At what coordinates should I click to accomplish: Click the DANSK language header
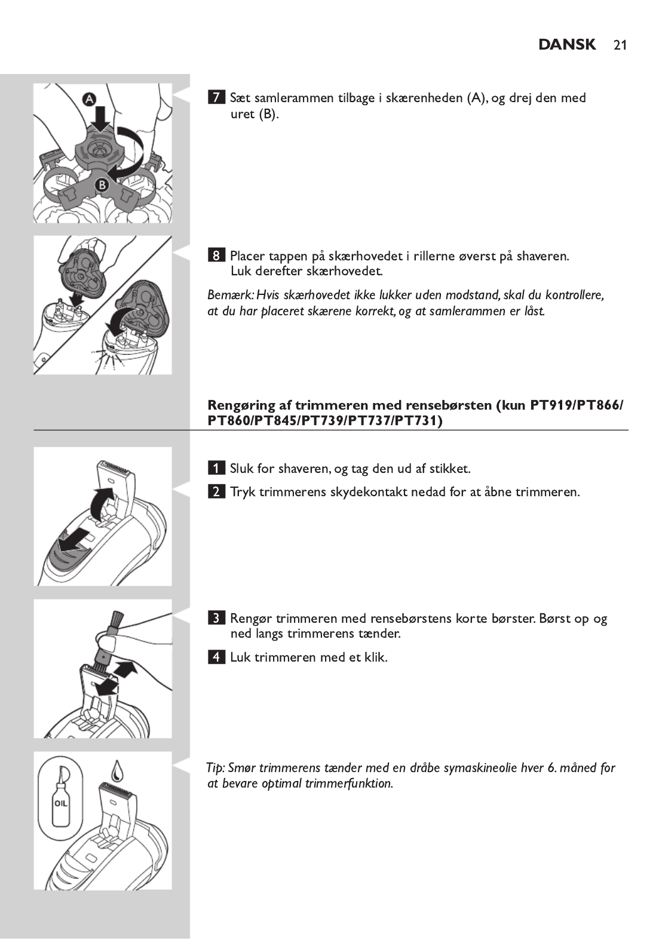(x=566, y=45)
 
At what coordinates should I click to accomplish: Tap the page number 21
(x=620, y=45)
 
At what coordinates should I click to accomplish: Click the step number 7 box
(x=216, y=97)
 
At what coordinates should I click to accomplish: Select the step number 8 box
(x=216, y=256)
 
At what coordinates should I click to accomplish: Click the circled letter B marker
(x=102, y=185)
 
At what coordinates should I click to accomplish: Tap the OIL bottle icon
(x=60, y=802)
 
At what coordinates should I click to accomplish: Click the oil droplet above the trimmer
(x=117, y=770)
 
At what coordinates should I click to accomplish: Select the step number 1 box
(x=216, y=468)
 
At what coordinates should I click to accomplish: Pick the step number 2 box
(x=216, y=492)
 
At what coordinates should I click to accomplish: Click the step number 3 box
(x=216, y=618)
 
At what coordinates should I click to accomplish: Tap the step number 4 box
(x=216, y=657)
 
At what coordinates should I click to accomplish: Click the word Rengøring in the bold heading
(x=242, y=405)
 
